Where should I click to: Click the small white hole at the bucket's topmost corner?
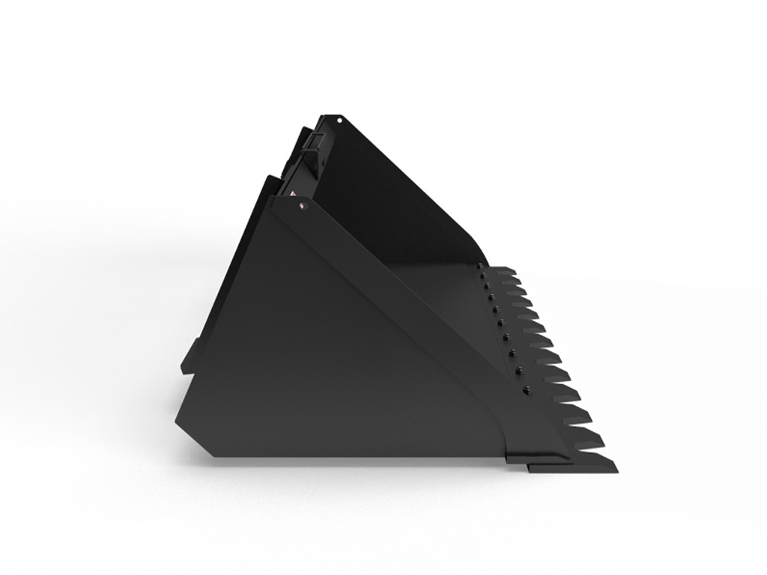point(339,120)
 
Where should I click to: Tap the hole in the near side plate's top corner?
point(303,210)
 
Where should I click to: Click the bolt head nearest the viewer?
point(525,389)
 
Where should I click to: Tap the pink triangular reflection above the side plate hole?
point(303,201)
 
